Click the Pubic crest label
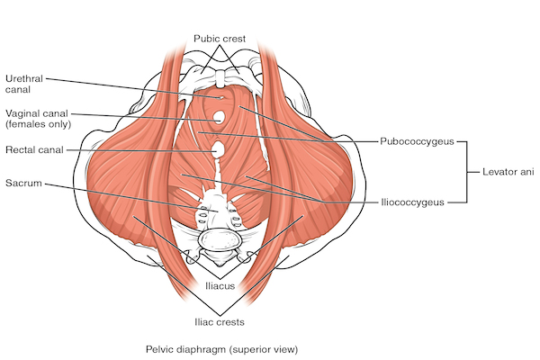(220, 38)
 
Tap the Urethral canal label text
(24, 84)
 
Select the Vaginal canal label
(38, 119)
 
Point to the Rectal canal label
(34, 150)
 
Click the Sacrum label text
(23, 183)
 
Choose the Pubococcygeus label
(417, 141)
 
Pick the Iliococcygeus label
(412, 202)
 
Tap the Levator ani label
(508, 172)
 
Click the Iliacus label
(220, 286)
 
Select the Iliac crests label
(220, 322)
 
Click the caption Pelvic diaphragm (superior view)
(221, 350)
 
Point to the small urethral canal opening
(221, 97)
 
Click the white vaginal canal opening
(219, 118)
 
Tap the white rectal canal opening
(217, 149)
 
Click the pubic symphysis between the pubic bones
(220, 78)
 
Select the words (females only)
(38, 124)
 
